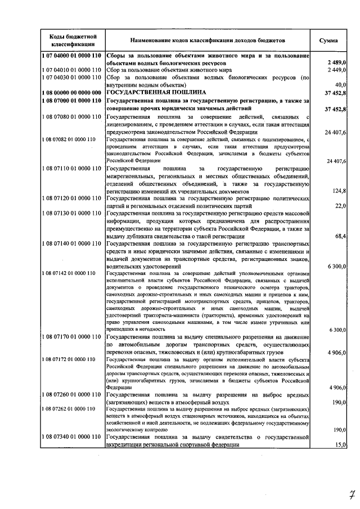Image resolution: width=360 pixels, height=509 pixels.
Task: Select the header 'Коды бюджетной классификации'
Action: [x=71, y=40]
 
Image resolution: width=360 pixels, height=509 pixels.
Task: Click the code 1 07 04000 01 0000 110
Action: [x=71, y=57]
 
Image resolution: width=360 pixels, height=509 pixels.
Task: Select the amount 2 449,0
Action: [x=335, y=70]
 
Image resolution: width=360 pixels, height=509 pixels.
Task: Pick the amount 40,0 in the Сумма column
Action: [x=340, y=84]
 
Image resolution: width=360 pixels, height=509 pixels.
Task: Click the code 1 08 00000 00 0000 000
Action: [x=71, y=92]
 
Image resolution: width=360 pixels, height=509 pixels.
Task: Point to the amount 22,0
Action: [x=340, y=206]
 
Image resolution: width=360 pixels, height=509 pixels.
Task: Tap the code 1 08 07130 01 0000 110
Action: [x=71, y=213]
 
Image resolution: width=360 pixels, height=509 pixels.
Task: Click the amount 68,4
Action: [x=340, y=236]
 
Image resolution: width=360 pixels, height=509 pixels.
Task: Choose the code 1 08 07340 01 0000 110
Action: [x=71, y=437]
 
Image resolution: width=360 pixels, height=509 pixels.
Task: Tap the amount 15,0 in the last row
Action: [x=340, y=445]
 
